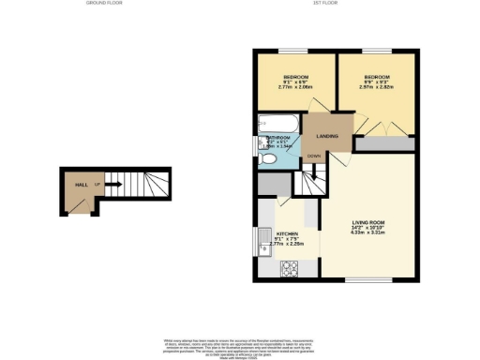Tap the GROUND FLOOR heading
click(x=106, y=4)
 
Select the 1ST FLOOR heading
click(x=324, y=4)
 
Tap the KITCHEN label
click(x=287, y=233)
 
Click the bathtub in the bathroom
click(x=277, y=123)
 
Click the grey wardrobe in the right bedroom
click(x=384, y=144)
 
